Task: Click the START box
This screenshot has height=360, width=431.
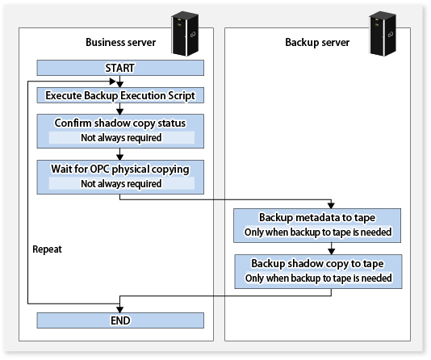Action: (x=120, y=68)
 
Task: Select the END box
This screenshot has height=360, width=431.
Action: (x=120, y=320)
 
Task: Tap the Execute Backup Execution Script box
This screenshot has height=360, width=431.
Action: (x=120, y=95)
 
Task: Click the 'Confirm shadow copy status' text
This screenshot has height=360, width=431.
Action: (x=120, y=123)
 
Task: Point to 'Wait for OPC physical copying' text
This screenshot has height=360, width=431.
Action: (x=120, y=169)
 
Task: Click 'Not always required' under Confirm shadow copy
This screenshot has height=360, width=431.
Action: (x=121, y=138)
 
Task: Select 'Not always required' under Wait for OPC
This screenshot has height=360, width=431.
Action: (x=121, y=183)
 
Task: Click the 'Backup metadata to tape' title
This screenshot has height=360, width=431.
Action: (x=317, y=217)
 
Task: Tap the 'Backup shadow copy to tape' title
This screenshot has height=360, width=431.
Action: (x=317, y=263)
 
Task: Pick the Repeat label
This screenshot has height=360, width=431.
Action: (x=47, y=249)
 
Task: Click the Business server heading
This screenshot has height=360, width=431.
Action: (x=121, y=42)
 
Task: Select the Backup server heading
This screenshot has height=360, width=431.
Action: (x=317, y=42)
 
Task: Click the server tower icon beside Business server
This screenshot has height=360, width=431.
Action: (x=185, y=33)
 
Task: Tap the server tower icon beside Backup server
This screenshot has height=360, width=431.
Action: (x=383, y=33)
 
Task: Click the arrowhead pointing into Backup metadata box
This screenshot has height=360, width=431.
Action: (x=331, y=205)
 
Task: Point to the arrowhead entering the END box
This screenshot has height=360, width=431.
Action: (x=119, y=309)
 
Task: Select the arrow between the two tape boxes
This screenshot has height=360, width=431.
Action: (x=332, y=249)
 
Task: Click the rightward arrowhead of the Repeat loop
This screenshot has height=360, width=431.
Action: (x=113, y=82)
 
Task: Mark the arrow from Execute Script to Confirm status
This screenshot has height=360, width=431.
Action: (x=119, y=109)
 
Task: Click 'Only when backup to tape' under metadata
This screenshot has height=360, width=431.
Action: (x=318, y=232)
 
